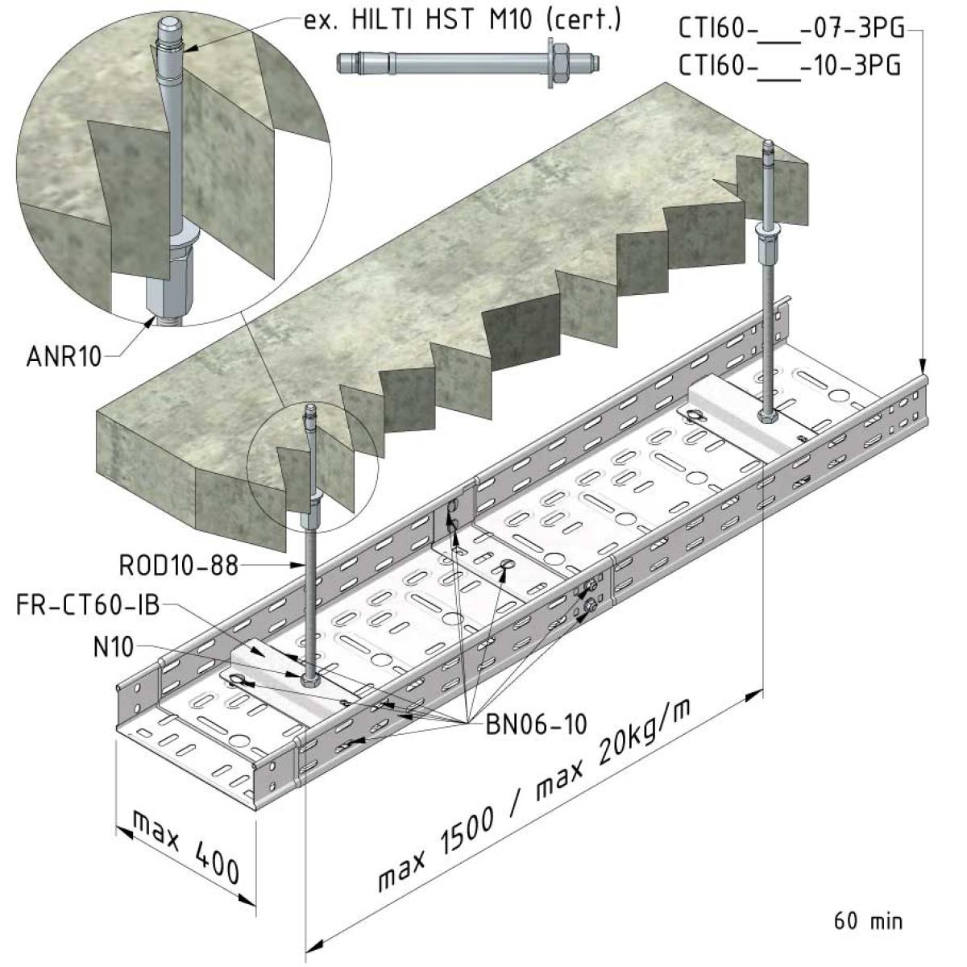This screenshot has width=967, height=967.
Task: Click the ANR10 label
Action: [64, 357]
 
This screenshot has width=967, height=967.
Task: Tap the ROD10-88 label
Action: [179, 566]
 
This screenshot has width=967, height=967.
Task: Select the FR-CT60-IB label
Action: [89, 605]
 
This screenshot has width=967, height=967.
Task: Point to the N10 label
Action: [114, 647]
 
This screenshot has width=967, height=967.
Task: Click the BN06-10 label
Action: [536, 724]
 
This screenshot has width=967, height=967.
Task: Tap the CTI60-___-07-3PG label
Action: [791, 29]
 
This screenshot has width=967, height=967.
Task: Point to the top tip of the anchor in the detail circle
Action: [170, 20]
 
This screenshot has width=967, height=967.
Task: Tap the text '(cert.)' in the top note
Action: [583, 20]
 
